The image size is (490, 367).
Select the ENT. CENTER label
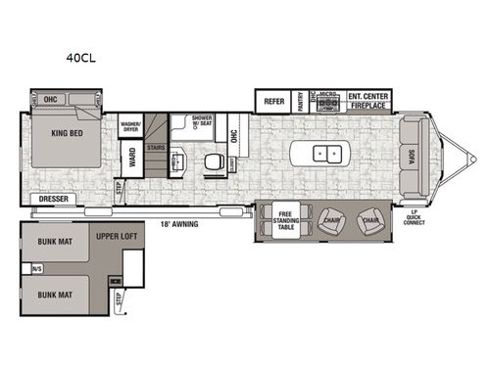click(368, 97)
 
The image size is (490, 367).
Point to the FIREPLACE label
click(368, 105)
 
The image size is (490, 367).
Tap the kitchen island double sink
click(324, 155)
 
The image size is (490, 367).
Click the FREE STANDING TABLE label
click(286, 220)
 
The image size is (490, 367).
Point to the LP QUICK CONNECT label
click(413, 215)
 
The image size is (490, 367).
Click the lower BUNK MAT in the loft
click(57, 293)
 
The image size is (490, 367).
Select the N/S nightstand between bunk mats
click(37, 266)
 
